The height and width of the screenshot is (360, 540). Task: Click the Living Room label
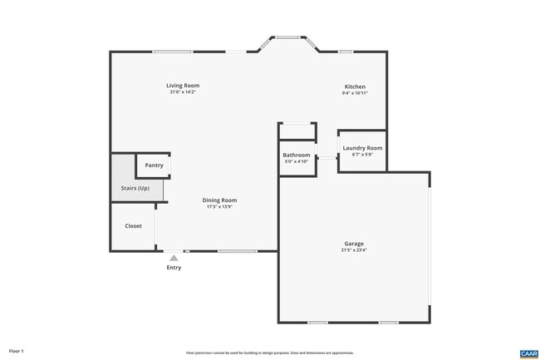[182, 86]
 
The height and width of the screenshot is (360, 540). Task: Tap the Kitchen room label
[355, 86]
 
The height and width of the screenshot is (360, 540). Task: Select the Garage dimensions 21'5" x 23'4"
[353, 250]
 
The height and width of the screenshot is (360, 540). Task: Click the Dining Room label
[219, 200]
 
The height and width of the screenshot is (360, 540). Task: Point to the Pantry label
[154, 165]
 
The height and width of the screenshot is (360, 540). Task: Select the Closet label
[133, 226]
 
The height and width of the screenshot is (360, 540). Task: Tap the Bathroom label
[296, 155]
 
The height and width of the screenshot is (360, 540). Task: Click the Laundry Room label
[362, 148]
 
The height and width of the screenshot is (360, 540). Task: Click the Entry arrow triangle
[174, 259]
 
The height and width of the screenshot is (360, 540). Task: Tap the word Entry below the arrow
[174, 268]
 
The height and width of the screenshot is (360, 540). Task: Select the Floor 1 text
[17, 351]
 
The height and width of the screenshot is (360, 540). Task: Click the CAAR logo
[528, 353]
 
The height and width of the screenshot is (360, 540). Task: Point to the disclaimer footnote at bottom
[269, 353]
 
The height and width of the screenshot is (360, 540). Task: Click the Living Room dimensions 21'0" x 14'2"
[182, 92]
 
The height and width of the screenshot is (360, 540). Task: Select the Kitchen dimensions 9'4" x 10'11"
[355, 93]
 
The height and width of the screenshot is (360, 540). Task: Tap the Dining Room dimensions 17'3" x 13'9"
[219, 207]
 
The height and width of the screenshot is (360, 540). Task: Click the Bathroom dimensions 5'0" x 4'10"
[296, 161]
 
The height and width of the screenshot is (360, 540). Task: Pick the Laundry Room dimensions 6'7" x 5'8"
[362, 155]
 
